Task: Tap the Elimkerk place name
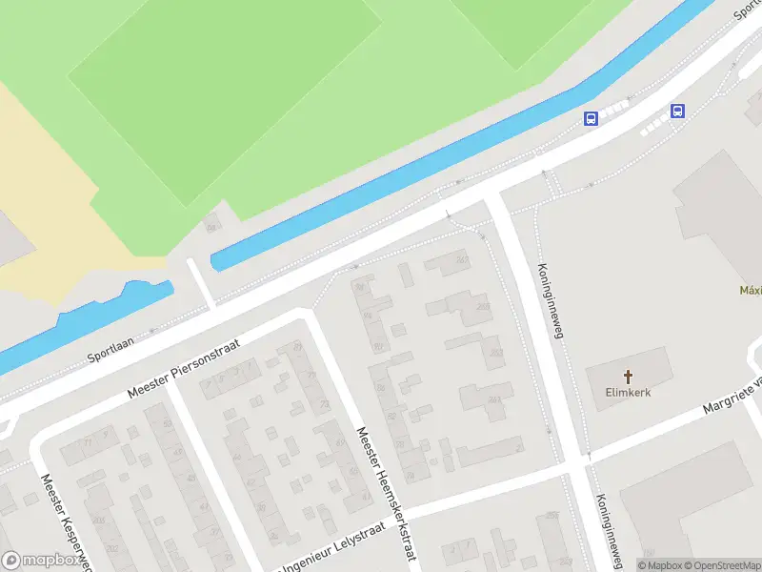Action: point(628,392)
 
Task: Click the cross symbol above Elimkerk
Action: point(628,376)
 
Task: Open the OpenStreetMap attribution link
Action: point(719,565)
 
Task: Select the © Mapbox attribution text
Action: point(657,565)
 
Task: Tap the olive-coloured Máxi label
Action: point(751,290)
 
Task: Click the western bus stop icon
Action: point(591,118)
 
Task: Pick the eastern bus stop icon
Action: point(677,111)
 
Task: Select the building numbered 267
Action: point(461,262)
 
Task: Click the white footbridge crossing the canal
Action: point(199,281)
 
